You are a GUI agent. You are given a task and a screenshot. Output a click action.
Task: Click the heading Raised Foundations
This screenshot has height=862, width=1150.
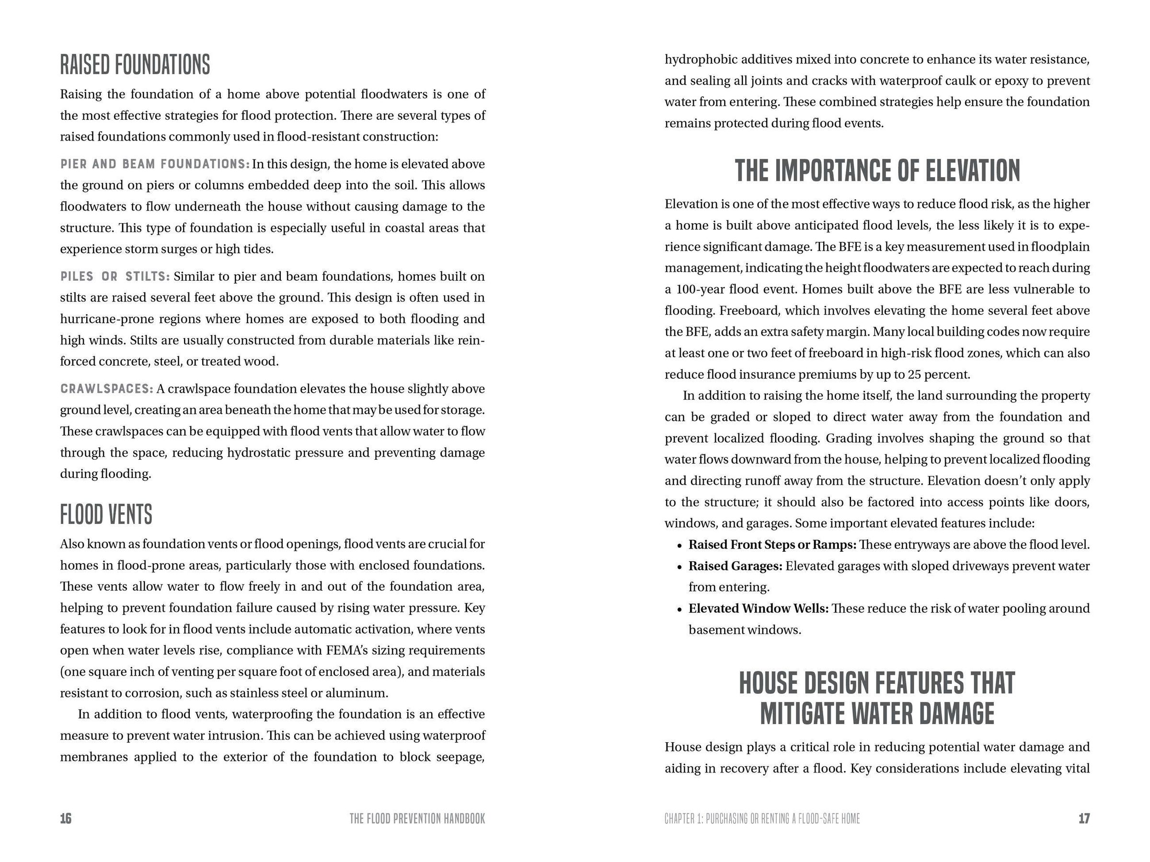[135, 65]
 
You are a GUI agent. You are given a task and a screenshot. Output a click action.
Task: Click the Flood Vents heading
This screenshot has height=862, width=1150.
[106, 514]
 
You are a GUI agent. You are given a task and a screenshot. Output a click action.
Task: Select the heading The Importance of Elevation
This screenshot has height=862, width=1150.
[877, 171]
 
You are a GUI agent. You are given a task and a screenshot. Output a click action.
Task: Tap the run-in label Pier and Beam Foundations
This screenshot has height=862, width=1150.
[155, 164]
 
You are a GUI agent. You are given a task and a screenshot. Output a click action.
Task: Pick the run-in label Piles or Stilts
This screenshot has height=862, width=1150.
[115, 276]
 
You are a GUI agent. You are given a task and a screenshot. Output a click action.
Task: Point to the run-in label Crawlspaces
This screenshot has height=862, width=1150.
[106, 389]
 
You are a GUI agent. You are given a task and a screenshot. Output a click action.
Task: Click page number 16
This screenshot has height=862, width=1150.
[66, 819]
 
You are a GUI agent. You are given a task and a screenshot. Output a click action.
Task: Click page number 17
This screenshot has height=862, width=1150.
[1083, 819]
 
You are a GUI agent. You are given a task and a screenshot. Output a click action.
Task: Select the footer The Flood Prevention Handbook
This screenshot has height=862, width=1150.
[417, 819]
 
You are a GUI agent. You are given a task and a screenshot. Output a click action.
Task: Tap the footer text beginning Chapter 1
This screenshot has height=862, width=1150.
[762, 819]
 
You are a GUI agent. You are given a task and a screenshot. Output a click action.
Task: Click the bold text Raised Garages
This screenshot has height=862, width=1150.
[735, 566]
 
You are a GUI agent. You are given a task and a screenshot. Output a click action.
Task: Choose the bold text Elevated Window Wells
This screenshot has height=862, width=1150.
[759, 609]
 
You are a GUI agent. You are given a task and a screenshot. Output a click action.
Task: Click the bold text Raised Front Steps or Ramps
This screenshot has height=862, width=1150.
[772, 544]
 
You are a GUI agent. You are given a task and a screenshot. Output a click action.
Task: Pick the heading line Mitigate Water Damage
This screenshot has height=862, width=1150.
[877, 714]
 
